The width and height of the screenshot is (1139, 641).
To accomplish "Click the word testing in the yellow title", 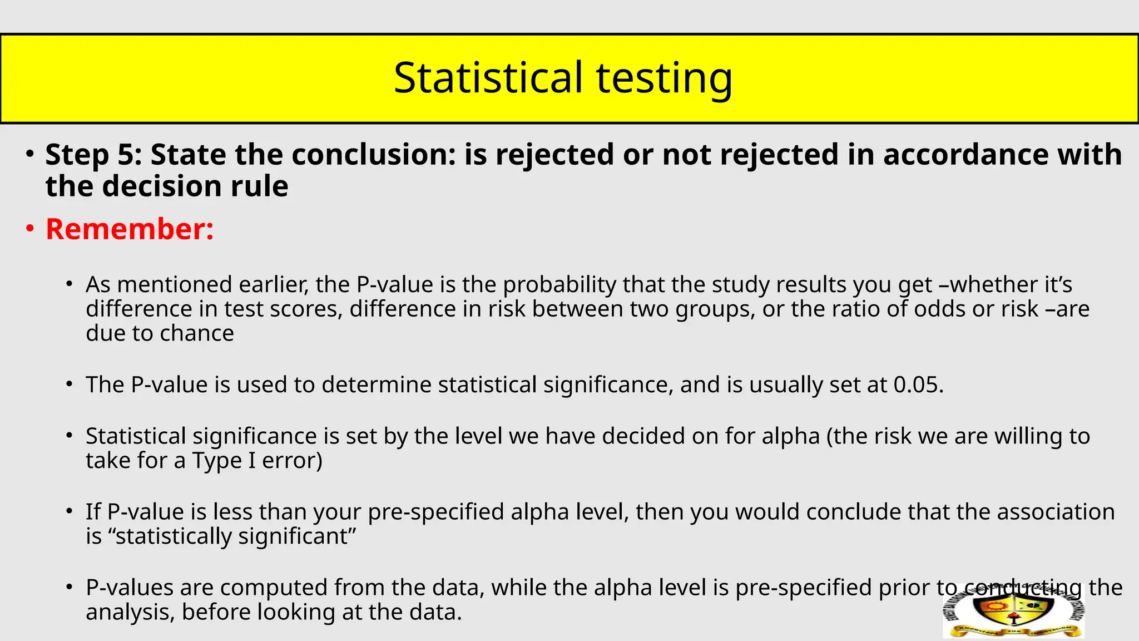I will pyautogui.click(x=664, y=78).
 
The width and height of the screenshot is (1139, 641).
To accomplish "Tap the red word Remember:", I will pyautogui.click(x=130, y=229).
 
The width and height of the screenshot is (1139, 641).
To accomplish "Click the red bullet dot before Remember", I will pyautogui.click(x=30, y=229).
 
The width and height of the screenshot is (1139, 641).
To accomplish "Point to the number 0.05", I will pyautogui.click(x=918, y=384).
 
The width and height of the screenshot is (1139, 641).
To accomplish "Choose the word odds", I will pyautogui.click(x=940, y=309).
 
